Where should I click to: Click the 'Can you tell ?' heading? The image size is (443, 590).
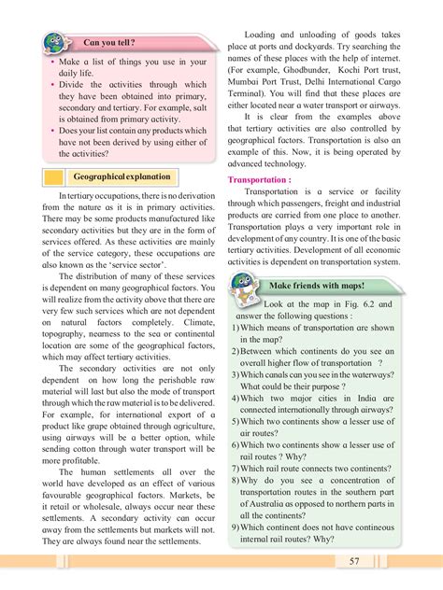point(115,42)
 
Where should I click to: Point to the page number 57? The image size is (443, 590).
point(354,561)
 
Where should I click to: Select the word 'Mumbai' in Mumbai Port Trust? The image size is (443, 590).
point(251,82)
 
